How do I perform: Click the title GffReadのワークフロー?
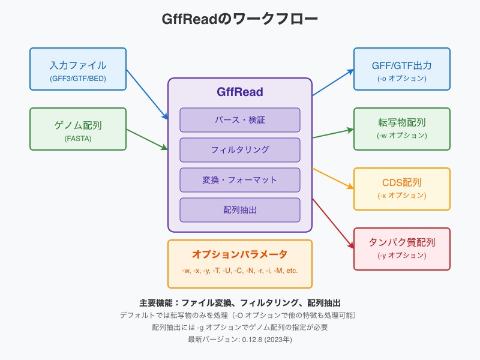coord(240,19)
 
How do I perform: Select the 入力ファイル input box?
coord(78,68)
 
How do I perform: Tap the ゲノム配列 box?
coord(78,128)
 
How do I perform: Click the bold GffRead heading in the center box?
coord(240,92)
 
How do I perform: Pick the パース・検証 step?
coord(240,120)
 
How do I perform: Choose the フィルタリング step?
coord(240,150)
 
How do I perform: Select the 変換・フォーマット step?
coord(240,180)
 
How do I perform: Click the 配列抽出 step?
coord(240,210)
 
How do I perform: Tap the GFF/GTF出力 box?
coord(402,68)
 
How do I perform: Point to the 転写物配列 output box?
coord(402,128)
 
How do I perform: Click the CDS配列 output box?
coord(402,188)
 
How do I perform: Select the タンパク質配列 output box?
coord(402,248)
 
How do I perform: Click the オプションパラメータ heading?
coord(240,254)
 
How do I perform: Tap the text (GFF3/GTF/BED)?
coord(78,78)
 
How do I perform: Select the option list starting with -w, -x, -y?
coord(240,271)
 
